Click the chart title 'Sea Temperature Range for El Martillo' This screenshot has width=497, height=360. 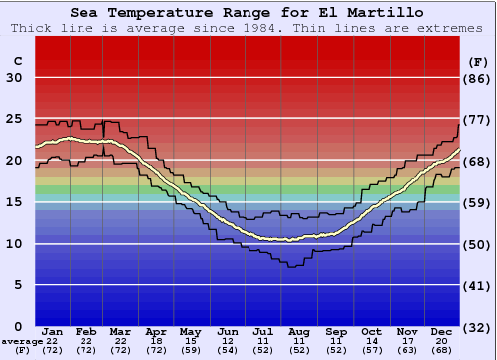tap(248, 12)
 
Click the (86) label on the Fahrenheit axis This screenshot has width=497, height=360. tap(478, 78)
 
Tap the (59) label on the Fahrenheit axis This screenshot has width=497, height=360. tap(478, 203)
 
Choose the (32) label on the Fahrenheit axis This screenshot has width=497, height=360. tap(478, 327)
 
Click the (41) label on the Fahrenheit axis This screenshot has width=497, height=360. tap(478, 285)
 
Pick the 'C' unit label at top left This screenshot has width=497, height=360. tap(17, 61)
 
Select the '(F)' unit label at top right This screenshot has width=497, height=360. tap(478, 61)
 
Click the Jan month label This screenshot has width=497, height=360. tap(53, 331)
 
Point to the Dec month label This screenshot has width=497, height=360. tap(441, 331)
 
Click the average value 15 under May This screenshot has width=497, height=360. tap(190, 341)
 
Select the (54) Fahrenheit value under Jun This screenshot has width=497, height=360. tap(228, 351)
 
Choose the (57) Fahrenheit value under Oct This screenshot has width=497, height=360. tap(370, 351)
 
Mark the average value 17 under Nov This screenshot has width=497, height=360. tap(406, 341)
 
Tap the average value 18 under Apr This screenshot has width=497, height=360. tap(156, 341)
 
